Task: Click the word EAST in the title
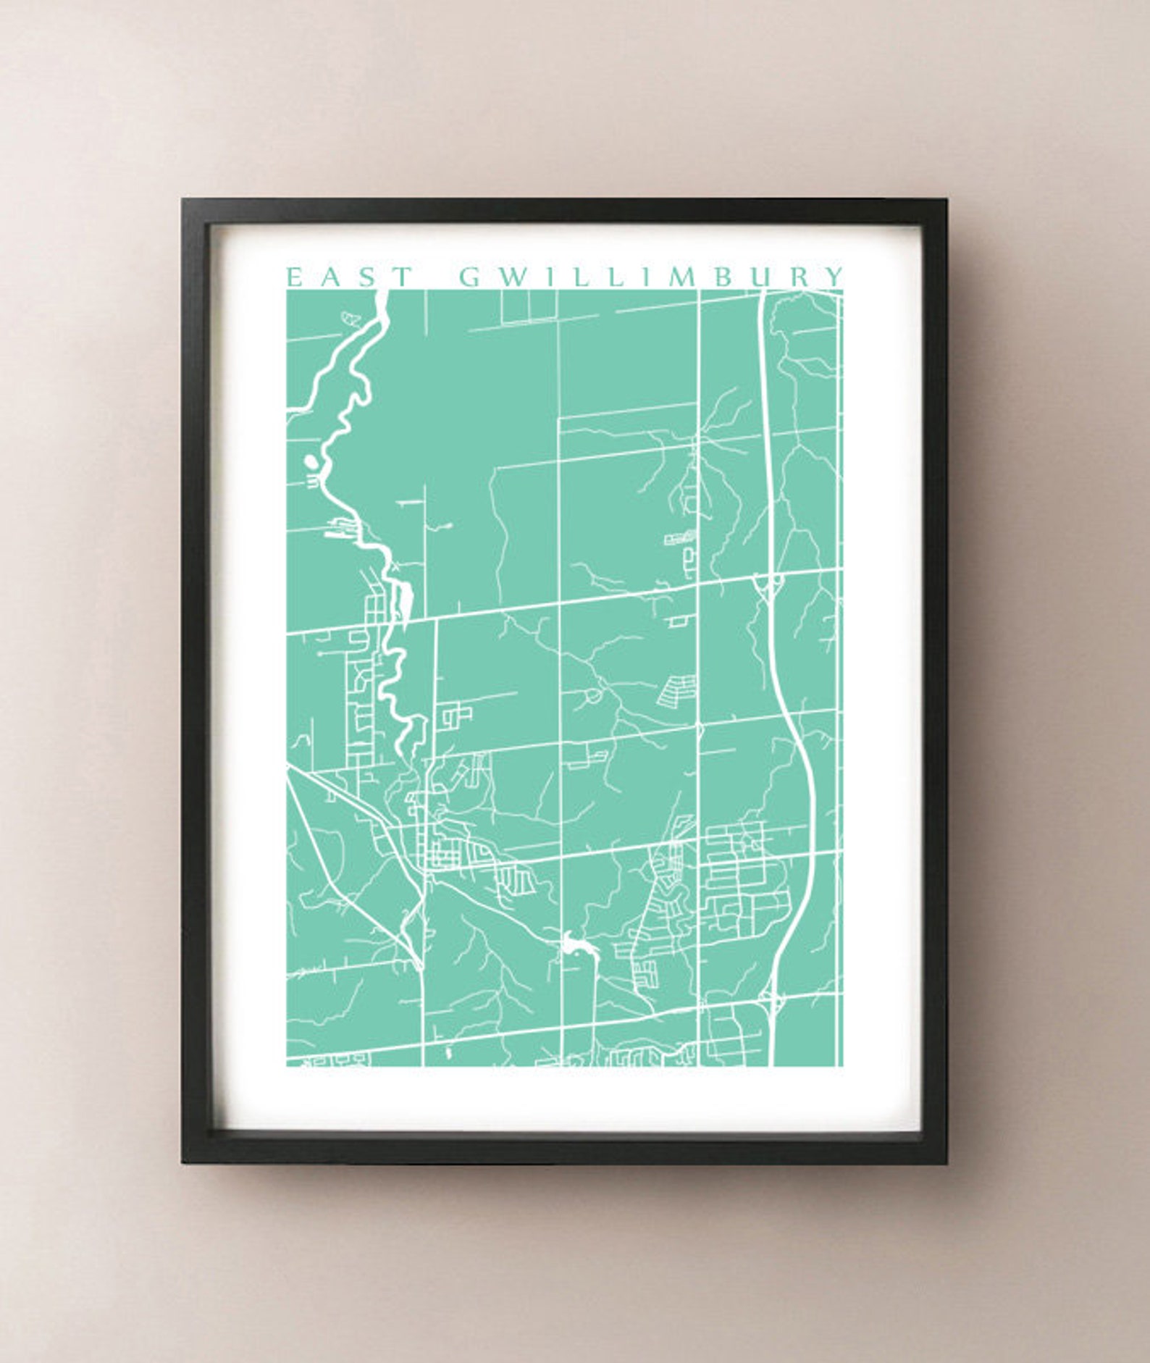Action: click(350, 277)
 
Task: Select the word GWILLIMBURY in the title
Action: click(652, 277)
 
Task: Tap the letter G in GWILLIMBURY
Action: click(471, 277)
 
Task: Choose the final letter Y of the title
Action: click(836, 277)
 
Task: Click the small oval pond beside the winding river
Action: click(311, 461)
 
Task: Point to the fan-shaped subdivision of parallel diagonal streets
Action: click(677, 692)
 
